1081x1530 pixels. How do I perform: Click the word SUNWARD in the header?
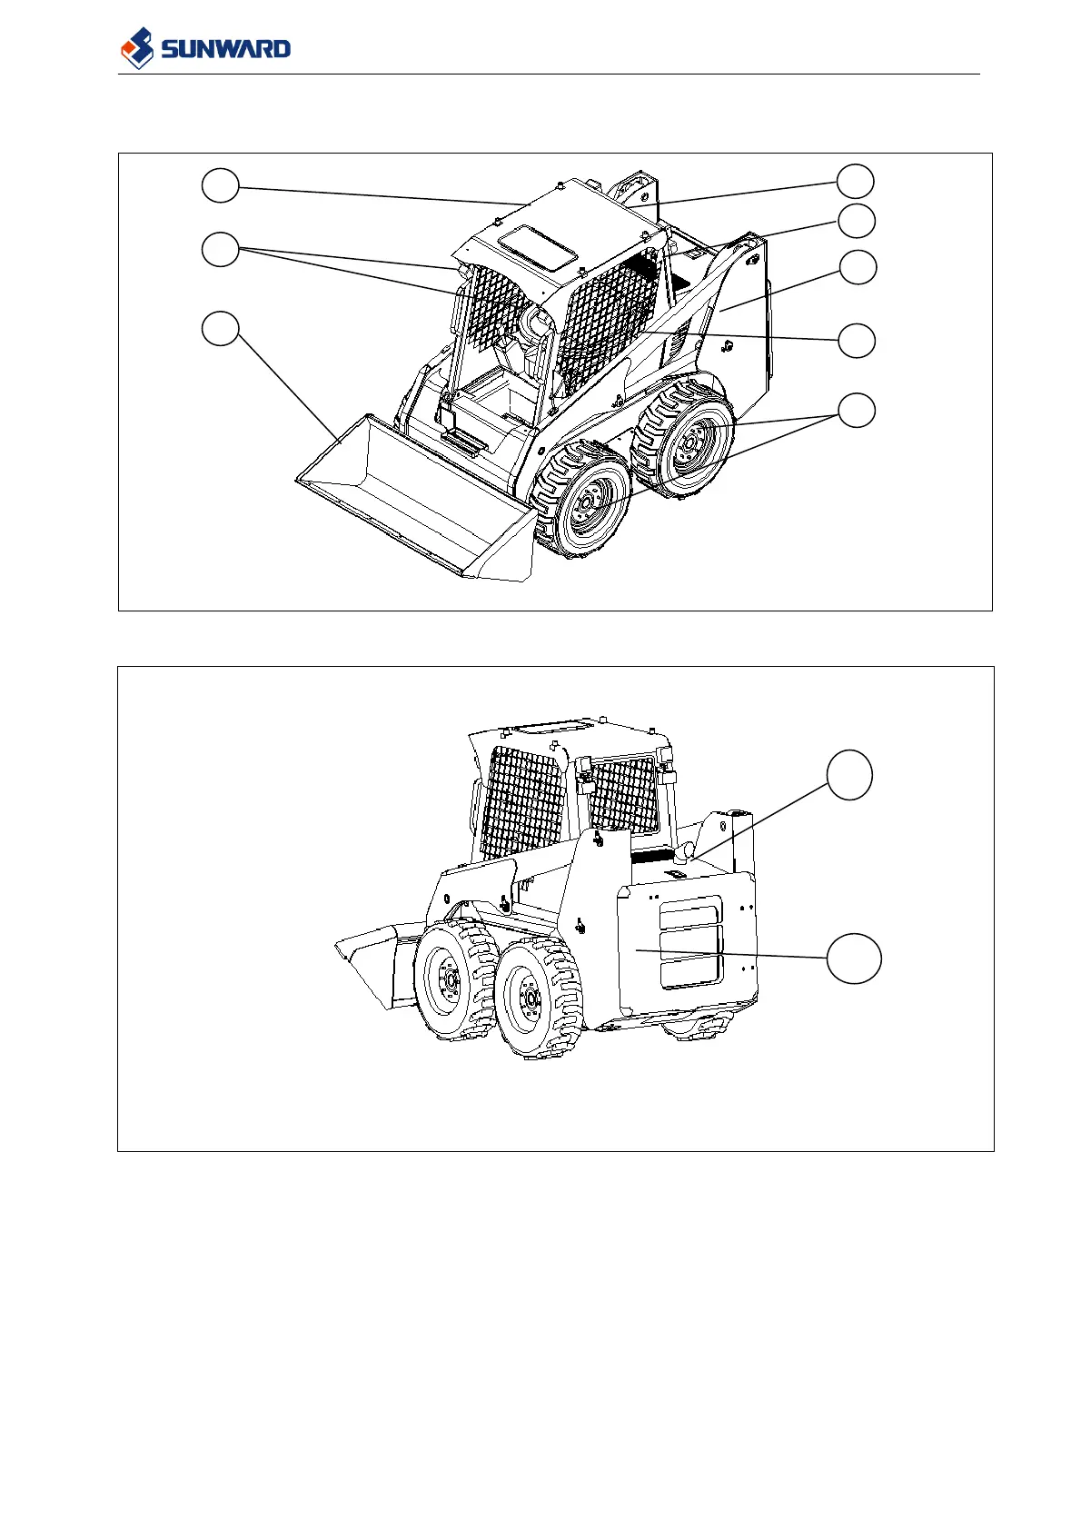click(226, 48)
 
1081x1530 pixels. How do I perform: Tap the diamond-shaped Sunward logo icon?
click(138, 47)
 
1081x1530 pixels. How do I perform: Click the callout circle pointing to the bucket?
click(220, 329)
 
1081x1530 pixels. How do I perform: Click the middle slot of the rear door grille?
click(690, 941)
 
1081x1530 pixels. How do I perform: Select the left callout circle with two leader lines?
click(220, 248)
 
